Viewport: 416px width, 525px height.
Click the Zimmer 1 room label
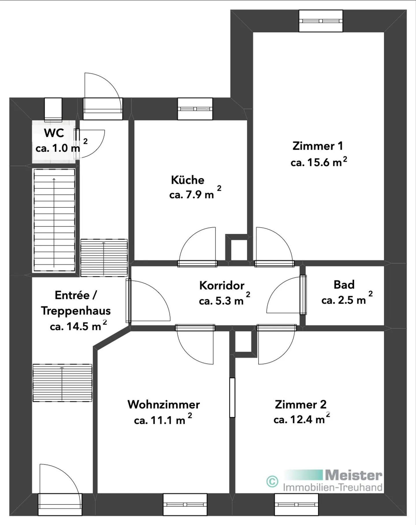(317, 146)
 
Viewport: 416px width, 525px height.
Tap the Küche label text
(187, 180)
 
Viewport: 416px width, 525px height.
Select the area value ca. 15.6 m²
(319, 162)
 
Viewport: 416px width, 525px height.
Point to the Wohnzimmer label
(164, 405)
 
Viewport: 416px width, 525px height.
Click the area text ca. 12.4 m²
(302, 419)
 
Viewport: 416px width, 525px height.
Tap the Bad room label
(344, 285)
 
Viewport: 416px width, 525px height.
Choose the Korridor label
(222, 285)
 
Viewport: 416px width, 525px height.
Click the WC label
(54, 133)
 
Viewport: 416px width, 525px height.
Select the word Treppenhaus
(76, 311)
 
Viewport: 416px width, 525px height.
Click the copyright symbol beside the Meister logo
(272, 481)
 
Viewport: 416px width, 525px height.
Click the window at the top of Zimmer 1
(321, 21)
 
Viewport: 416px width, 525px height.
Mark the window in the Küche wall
(195, 109)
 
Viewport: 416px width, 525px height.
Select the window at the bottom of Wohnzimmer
(185, 504)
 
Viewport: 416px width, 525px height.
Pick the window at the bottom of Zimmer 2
(296, 504)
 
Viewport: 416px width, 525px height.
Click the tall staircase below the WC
(54, 220)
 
